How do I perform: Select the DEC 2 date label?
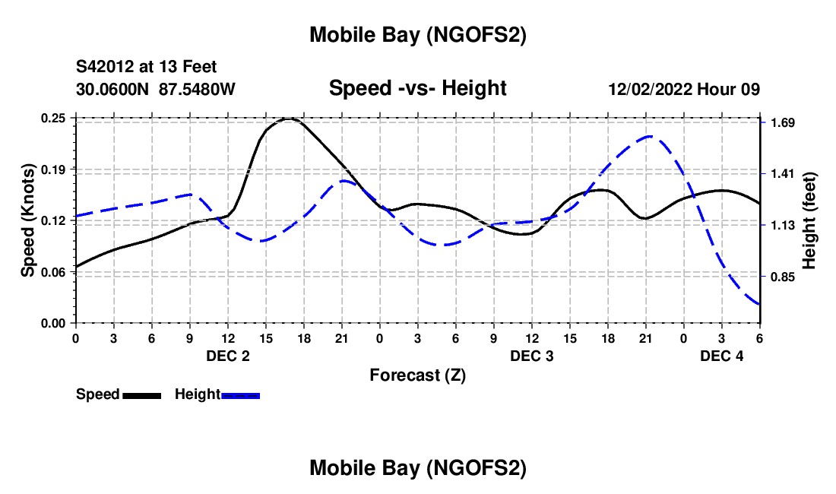pos(228,356)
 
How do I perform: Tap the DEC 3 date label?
pos(532,356)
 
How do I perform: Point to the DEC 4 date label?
pos(722,356)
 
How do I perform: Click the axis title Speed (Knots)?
pos(28,220)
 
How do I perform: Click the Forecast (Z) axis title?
pos(417,375)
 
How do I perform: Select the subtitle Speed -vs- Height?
pos(417,88)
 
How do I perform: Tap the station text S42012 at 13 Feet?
pos(146,68)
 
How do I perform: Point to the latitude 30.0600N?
pos(114,89)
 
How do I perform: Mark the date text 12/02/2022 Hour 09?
pos(684,89)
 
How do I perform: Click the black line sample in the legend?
pos(142,394)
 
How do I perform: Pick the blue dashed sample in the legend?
pos(241,394)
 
